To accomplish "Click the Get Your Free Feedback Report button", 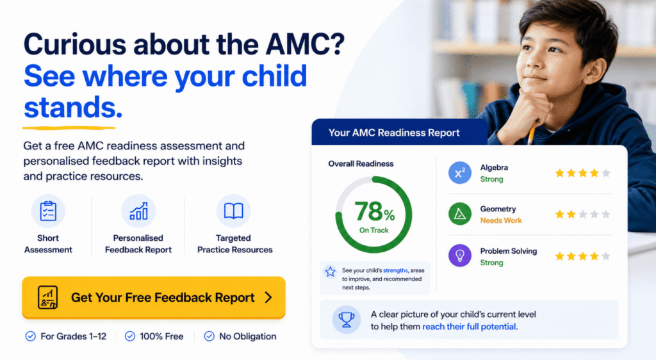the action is [x=154, y=297].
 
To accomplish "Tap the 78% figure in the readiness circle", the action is [x=374, y=211].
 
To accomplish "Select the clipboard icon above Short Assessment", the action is [x=48, y=211].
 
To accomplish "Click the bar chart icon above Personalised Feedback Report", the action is [x=138, y=211].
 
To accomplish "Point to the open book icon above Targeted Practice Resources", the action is [x=233, y=211].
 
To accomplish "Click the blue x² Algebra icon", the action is [x=460, y=173].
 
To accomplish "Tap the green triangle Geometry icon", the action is [x=460, y=214].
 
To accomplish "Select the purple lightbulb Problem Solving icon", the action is [x=460, y=256].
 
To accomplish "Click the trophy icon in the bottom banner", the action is [x=347, y=320].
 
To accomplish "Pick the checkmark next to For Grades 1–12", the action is [x=31, y=336].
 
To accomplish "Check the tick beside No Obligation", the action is [x=209, y=336].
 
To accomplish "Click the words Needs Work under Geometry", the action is [x=501, y=220].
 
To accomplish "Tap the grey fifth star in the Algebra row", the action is [x=606, y=173].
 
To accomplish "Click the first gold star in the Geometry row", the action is [x=560, y=215].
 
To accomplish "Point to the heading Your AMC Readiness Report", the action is [x=394, y=133].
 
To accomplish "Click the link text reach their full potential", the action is [x=469, y=327].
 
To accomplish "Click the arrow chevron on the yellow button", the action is [x=268, y=297].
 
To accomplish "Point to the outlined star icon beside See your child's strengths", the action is [x=331, y=272].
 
